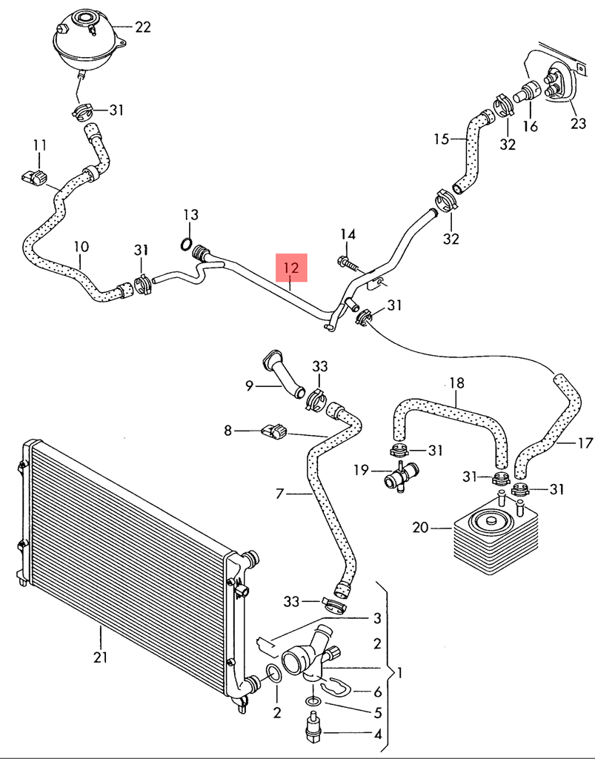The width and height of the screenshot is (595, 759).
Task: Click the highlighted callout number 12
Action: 292,268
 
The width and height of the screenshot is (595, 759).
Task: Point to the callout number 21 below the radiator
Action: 101,657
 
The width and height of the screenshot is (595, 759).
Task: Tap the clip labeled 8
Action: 273,430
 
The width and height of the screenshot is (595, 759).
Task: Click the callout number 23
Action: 578,124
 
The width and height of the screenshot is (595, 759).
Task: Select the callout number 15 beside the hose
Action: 442,139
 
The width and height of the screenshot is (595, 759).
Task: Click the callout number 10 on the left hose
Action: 82,246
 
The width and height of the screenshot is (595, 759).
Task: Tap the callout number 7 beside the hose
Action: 280,494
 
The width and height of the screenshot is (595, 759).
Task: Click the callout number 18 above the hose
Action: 457,383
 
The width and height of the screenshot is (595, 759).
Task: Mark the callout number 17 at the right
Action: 585,443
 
